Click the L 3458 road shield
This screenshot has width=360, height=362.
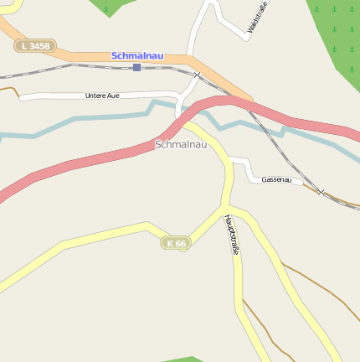point(35,46)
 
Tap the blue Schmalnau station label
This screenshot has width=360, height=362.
point(137,56)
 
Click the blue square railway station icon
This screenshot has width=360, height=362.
point(136,67)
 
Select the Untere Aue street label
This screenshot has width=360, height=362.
point(102,96)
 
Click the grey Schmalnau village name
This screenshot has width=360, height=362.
point(180,144)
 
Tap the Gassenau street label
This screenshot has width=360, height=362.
point(276,179)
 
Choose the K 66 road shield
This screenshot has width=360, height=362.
point(176,243)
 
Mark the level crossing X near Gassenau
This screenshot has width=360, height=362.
point(321,192)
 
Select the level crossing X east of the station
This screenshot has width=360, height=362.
point(198,75)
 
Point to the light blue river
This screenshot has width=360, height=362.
point(84,123)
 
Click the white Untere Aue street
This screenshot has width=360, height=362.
point(50,96)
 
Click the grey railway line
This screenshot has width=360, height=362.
point(84,65)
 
